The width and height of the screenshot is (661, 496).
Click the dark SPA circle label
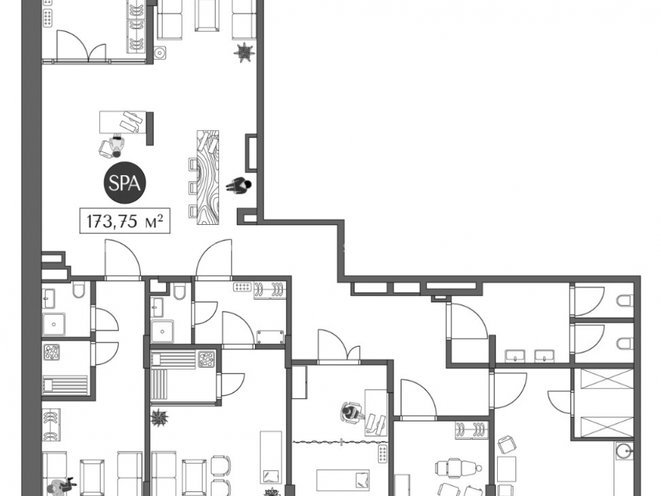tap(125, 183)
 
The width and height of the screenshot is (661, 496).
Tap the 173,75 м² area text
tap(125, 221)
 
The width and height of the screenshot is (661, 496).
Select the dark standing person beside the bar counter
tap(239, 185)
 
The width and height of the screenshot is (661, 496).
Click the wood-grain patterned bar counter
tap(208, 177)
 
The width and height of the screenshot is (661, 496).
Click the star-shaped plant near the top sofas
tap(244, 52)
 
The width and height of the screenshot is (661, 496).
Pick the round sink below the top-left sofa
tap(160, 53)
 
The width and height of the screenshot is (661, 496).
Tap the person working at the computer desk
tap(351, 412)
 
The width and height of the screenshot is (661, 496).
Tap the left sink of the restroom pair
tap(515, 356)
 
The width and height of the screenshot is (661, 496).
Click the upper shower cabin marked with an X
tap(607, 379)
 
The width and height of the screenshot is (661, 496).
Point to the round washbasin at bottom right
tap(623, 451)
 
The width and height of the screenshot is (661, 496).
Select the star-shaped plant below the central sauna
tap(160, 417)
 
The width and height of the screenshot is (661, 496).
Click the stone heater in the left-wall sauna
tap(52, 352)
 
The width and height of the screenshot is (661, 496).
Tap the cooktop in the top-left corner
tap(48, 17)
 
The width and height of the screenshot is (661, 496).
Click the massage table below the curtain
tap(342, 480)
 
